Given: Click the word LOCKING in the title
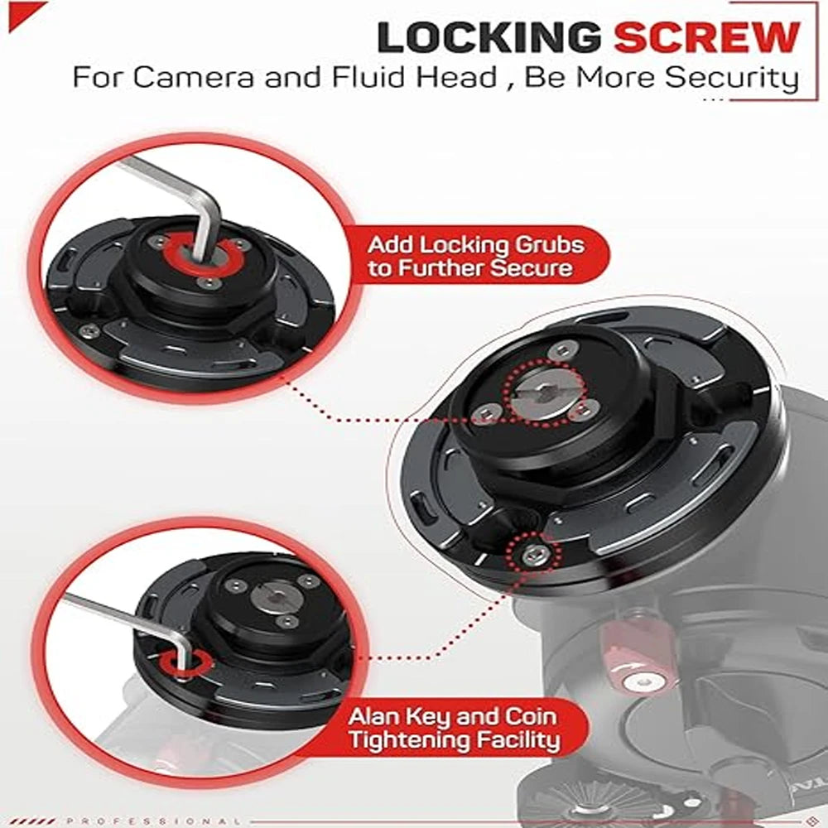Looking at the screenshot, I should pos(489,38).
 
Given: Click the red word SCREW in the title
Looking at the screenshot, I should pos(708,38).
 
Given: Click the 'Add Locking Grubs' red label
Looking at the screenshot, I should pos(475,257).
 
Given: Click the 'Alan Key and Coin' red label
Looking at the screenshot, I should pos(464,728).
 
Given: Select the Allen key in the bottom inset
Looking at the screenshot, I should pos(124,621).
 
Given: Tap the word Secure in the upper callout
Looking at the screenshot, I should pos(531,268).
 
